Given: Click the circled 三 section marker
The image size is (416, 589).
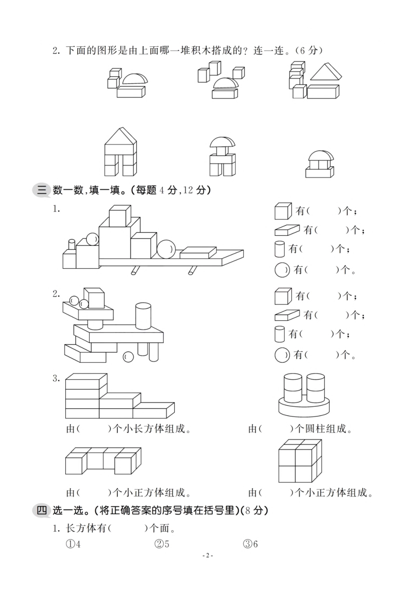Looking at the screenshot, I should point(42,190).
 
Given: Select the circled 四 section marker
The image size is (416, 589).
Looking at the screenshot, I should point(42,510).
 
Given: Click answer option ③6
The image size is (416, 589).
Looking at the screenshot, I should point(250,544).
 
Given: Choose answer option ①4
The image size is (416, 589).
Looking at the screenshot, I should point(73,544).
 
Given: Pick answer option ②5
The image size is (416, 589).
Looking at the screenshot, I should point(162,544).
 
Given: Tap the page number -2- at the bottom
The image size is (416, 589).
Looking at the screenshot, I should point(208,556).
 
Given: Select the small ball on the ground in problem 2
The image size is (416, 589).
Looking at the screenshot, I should point(128,357).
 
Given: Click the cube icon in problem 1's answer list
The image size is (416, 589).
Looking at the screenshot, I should point(283,211).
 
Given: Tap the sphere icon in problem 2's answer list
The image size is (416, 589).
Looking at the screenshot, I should point(282,355).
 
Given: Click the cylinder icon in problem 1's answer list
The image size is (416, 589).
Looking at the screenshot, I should point(279,248).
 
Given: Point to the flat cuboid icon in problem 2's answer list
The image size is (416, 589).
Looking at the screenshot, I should point(287,315).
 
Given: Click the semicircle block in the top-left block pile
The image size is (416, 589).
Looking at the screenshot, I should point(135,79).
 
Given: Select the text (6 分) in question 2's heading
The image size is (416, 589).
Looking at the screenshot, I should point(309,50).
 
